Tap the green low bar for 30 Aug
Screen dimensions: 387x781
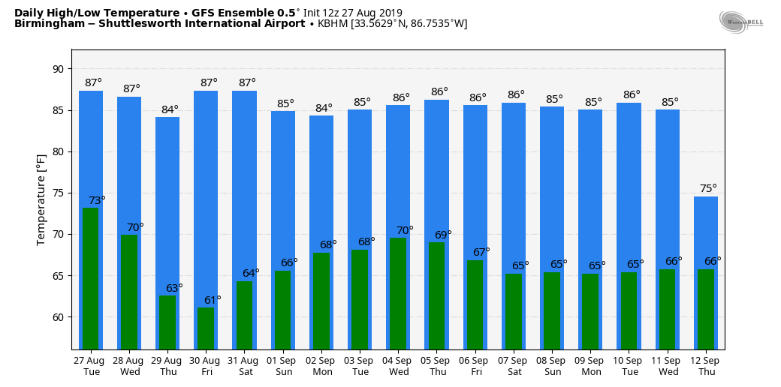click(206, 328)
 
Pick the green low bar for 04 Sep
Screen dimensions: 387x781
click(398, 293)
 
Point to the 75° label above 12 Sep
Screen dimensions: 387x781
click(708, 188)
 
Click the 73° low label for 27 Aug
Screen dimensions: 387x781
click(97, 200)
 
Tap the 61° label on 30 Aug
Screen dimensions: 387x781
click(213, 300)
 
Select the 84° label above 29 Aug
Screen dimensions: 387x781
click(170, 109)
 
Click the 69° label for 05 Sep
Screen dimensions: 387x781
click(443, 235)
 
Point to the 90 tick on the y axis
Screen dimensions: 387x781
click(59, 69)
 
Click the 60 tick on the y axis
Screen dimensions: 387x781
click(59, 316)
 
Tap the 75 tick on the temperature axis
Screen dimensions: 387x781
click(59, 193)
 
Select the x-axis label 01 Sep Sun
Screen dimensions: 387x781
click(283, 366)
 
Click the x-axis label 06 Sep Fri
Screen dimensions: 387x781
click(475, 366)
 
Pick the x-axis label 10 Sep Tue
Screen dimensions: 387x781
click(629, 366)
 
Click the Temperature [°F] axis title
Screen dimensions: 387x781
click(41, 199)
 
